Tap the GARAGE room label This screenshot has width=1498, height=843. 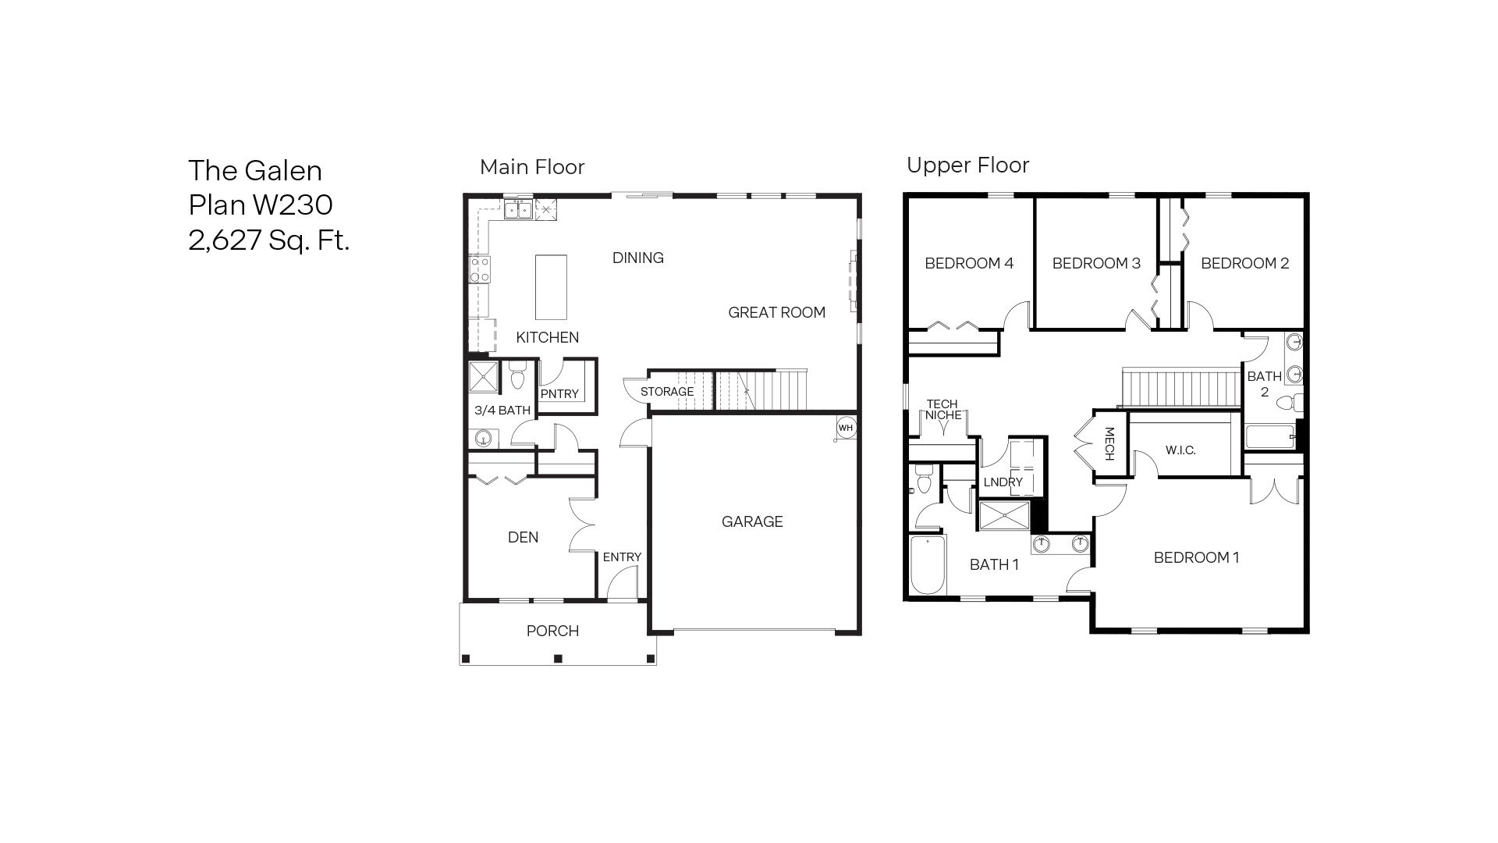(x=752, y=521)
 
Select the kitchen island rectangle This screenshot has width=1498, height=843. (x=552, y=286)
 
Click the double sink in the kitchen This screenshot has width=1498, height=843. (x=518, y=209)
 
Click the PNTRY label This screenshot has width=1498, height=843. (x=559, y=393)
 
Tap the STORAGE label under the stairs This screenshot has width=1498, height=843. (x=667, y=391)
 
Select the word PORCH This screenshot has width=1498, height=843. (x=552, y=631)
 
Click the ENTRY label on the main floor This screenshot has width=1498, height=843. (x=622, y=557)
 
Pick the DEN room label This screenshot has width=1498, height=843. (x=523, y=537)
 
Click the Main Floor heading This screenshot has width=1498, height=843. (x=532, y=167)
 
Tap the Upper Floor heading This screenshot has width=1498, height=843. (x=967, y=165)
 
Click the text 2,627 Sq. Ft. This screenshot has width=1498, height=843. (x=269, y=239)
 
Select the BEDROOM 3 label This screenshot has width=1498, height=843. (x=1096, y=263)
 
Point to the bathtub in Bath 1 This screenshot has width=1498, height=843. (x=927, y=565)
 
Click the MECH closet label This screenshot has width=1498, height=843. (x=1109, y=443)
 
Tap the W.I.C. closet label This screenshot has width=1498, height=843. (x=1180, y=450)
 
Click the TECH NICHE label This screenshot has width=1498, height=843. (x=942, y=409)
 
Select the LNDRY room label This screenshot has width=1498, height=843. (x=1003, y=482)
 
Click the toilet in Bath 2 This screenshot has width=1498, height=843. (x=1290, y=404)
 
